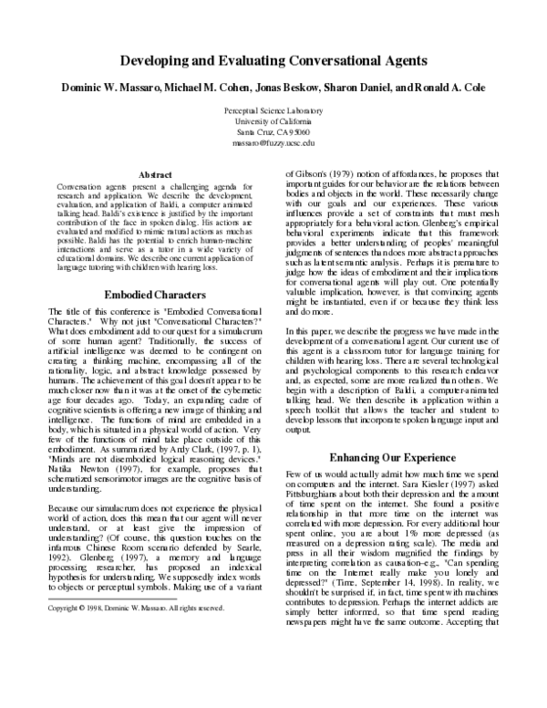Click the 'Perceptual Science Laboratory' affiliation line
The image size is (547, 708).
pos(273,109)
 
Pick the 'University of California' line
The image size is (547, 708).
pos(273,120)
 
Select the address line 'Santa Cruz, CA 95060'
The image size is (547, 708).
pos(273,131)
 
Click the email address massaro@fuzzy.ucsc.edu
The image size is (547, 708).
pos(273,142)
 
